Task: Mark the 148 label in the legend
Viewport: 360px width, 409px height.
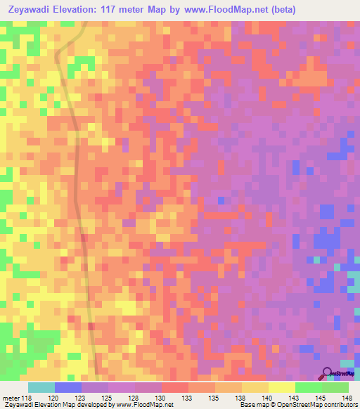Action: (347, 398)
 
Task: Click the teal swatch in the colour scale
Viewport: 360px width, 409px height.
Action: (41, 387)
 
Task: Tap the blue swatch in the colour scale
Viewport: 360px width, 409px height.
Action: (67, 387)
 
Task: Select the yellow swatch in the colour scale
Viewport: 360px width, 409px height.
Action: (282, 387)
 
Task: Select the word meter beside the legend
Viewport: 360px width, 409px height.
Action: (11, 398)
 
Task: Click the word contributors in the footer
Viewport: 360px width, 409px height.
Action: (339, 405)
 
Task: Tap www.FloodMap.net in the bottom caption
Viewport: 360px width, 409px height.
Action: (145, 405)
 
